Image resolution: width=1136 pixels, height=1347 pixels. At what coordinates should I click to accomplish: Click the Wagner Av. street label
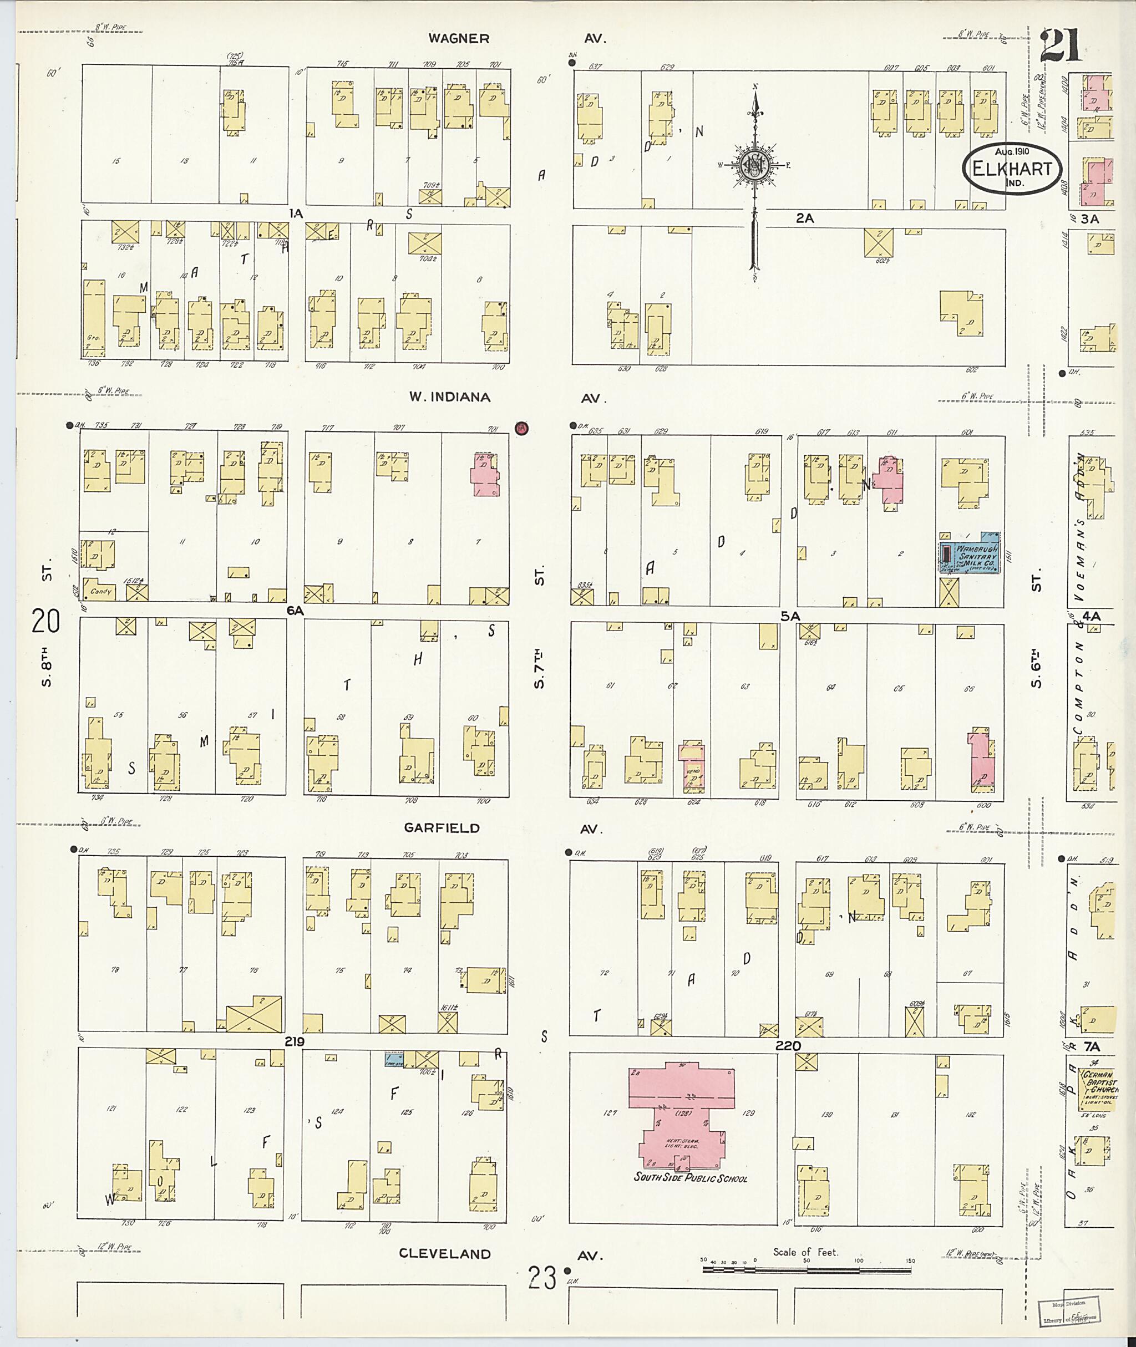(459, 39)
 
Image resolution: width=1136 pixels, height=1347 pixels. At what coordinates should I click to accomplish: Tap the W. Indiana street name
(449, 397)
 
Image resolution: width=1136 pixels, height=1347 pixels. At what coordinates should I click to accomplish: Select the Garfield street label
(442, 828)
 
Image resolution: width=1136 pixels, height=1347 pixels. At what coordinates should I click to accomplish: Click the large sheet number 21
(1061, 45)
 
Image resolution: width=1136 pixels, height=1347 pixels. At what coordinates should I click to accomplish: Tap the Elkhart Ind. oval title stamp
(1011, 169)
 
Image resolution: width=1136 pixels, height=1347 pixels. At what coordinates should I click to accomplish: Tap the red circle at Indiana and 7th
(521, 428)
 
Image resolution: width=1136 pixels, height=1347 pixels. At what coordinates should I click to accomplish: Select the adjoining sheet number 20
(45, 622)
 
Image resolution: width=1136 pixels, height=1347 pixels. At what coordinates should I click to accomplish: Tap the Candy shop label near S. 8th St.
(101, 591)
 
